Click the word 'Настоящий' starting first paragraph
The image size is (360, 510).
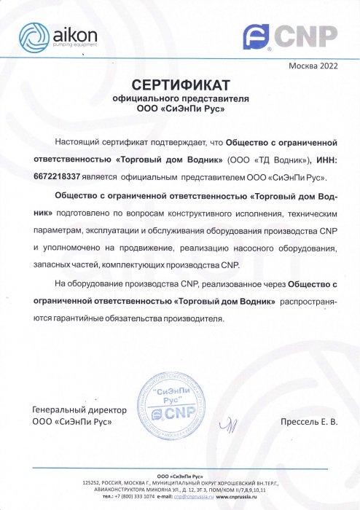point(77,141)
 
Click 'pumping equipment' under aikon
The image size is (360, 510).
point(67,45)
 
